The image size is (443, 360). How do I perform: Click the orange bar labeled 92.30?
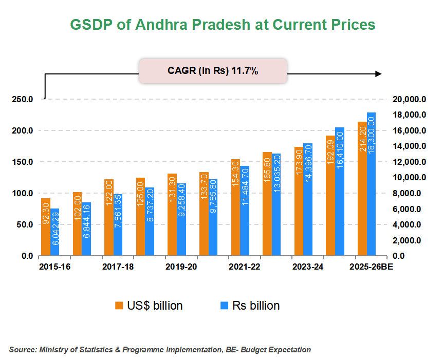pyautogui.click(x=46, y=227)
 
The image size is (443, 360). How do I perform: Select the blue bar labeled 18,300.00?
pyautogui.click(x=371, y=184)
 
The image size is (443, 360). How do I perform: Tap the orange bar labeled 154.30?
pyautogui.click(x=235, y=207)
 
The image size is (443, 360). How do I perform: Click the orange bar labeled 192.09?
pyautogui.click(x=330, y=196)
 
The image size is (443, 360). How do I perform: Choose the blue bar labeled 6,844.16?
pyautogui.click(x=86, y=229)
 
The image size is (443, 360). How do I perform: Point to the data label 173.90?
pyautogui.click(x=299, y=161)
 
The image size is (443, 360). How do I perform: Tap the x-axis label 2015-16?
pyautogui.click(x=52, y=267)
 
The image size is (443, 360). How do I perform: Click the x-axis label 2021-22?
pyautogui.click(x=244, y=267)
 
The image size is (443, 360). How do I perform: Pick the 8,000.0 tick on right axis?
pyautogui.click(x=409, y=194)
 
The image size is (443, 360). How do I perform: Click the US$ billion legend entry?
pyautogui.click(x=149, y=306)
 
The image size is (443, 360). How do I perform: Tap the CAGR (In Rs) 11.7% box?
pyautogui.click(x=213, y=71)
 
